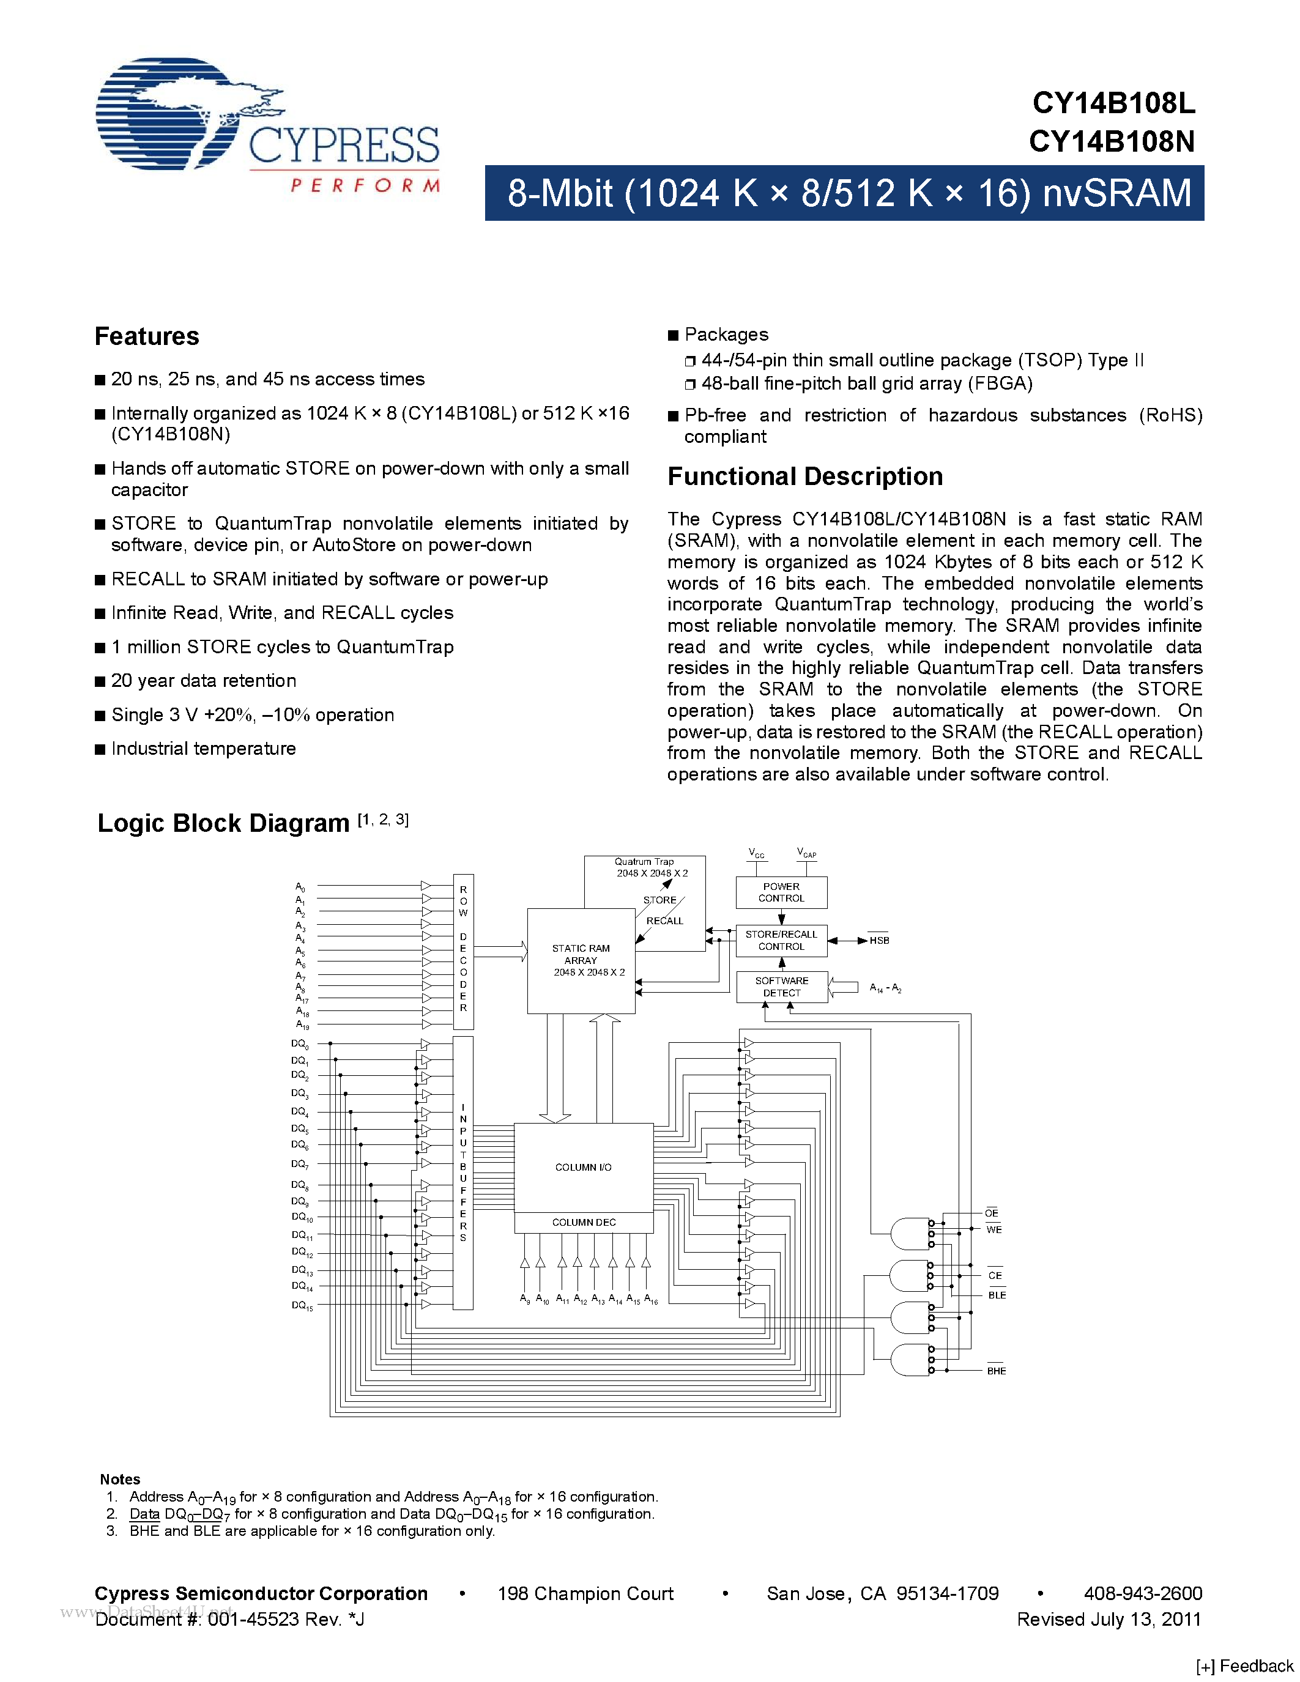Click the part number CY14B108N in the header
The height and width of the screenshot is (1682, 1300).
(x=1112, y=142)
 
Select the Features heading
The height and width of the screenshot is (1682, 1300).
(x=146, y=336)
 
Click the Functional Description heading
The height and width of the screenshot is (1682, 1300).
(x=805, y=476)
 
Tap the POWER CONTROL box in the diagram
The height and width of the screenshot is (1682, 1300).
(x=781, y=892)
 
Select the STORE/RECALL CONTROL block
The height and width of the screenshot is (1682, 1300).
(x=781, y=940)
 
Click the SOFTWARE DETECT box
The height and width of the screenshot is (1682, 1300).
(x=781, y=987)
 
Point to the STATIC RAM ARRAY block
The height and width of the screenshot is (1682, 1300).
(x=581, y=960)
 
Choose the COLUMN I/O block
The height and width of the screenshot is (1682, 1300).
(x=583, y=1168)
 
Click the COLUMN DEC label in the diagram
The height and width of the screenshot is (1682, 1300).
(x=583, y=1222)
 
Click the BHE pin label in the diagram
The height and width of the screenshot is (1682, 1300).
(x=996, y=1371)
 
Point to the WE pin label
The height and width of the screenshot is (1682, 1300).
(x=994, y=1230)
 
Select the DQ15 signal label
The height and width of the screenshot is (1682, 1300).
(x=302, y=1305)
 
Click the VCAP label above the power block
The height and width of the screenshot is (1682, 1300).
(x=806, y=853)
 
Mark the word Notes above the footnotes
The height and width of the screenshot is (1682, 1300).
(x=119, y=1479)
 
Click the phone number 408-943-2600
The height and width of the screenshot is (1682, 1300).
(x=1142, y=1593)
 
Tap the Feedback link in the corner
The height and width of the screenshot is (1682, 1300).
(x=1246, y=1666)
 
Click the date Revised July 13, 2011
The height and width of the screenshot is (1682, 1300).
(x=1109, y=1619)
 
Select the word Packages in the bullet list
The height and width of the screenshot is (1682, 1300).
(x=726, y=334)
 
